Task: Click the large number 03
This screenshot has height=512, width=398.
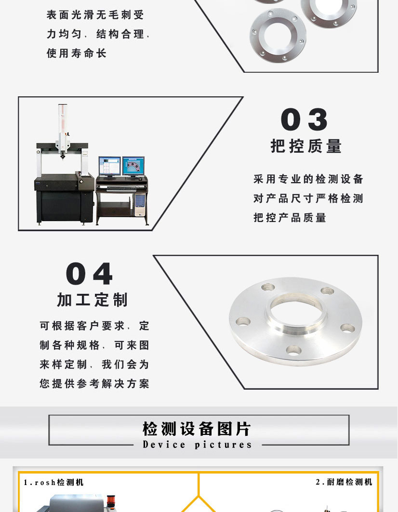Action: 304,119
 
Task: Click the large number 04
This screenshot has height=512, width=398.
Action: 89,274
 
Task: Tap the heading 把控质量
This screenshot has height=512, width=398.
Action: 306,146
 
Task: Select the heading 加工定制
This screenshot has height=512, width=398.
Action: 93,300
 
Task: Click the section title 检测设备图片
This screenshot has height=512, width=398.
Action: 197,428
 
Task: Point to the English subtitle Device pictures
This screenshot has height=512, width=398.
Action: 197,445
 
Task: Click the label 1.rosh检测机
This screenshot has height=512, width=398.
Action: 53,482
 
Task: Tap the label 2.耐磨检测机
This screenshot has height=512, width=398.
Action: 344,482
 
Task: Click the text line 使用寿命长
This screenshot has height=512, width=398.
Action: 76,53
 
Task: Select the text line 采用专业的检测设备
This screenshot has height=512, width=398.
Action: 308,180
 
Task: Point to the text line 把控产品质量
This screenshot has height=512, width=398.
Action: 290,218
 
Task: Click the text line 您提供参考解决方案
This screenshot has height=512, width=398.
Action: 94,384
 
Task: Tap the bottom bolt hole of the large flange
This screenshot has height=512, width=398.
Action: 293,350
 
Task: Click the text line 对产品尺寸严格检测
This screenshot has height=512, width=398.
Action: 308,198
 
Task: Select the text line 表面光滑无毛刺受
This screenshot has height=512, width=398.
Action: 95,15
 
